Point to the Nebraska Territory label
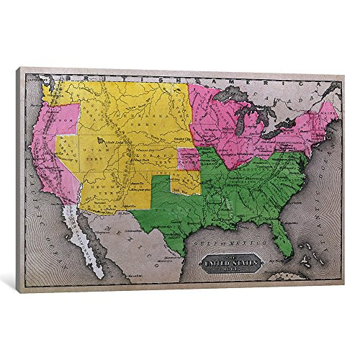[144, 122]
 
